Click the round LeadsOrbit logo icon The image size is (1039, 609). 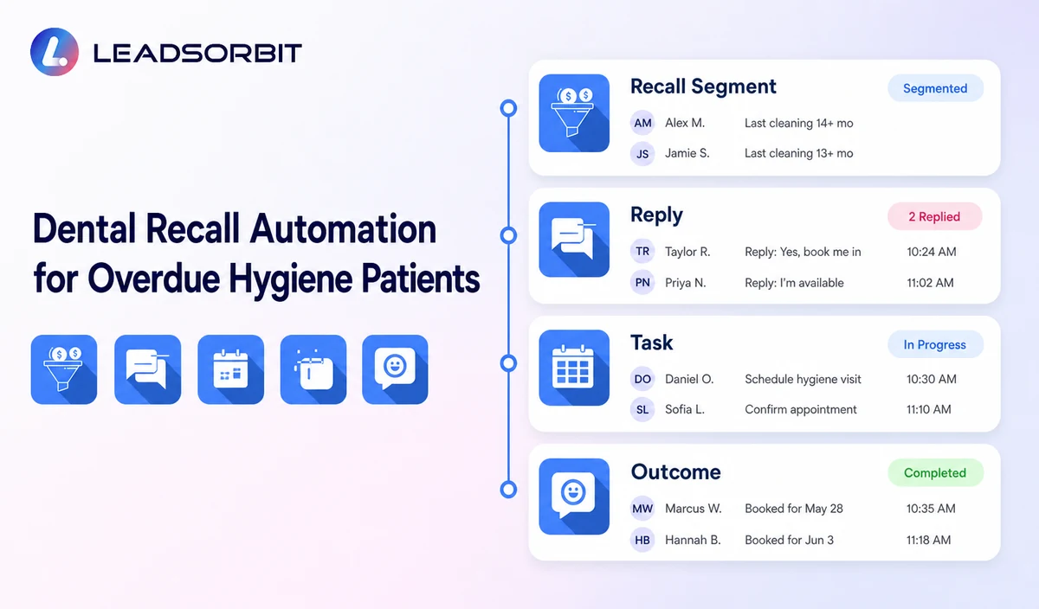coord(55,51)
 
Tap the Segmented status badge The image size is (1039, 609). coord(935,88)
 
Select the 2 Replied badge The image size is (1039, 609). coord(934,216)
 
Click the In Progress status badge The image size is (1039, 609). coord(935,344)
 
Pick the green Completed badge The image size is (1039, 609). coord(935,472)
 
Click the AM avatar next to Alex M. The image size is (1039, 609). coord(642,123)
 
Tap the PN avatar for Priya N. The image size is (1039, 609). coord(642,282)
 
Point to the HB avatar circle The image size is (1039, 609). coord(642,540)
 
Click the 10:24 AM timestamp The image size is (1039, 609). coord(932,252)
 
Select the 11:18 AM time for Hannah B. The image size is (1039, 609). coord(928,540)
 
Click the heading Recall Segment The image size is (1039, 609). coord(703,87)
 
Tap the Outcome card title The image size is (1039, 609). coord(676,472)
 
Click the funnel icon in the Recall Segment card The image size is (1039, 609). coord(574,113)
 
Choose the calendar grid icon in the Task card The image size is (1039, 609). coord(574,368)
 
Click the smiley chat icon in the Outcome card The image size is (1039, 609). coord(574,497)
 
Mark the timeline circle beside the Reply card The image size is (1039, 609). coord(508,235)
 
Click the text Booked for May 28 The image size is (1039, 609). coord(794,509)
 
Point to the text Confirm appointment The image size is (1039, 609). coord(801,410)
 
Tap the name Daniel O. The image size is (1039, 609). coord(689,379)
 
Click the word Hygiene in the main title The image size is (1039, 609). coord(290,279)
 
